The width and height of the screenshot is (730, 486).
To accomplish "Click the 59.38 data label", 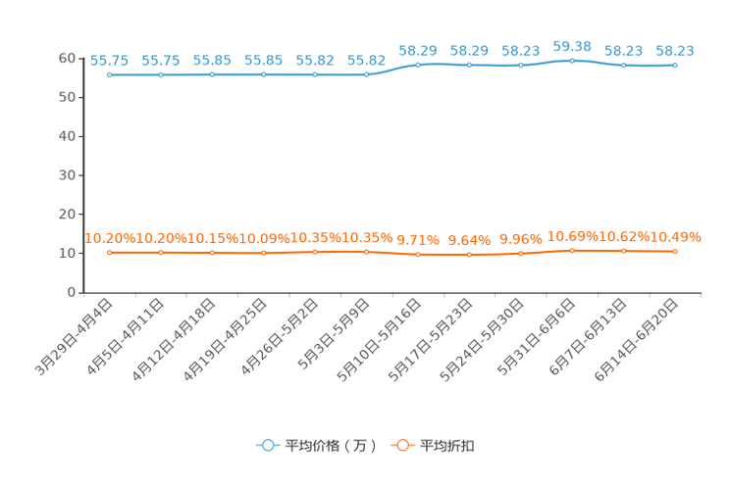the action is [x=572, y=46].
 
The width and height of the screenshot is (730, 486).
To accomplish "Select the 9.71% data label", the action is [x=418, y=240].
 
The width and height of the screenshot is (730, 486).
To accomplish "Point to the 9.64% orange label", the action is [x=469, y=240].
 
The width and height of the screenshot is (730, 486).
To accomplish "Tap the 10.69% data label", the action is [x=572, y=237].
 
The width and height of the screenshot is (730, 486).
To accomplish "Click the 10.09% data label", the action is [x=264, y=238].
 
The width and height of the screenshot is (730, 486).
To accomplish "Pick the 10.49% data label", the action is [x=675, y=237].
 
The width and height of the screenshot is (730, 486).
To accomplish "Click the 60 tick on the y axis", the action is [x=67, y=58].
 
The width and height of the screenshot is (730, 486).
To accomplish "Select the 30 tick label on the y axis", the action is [x=67, y=175].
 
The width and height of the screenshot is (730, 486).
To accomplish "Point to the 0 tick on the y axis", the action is [x=72, y=292].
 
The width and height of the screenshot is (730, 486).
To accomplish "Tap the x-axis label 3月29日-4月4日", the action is [x=75, y=337].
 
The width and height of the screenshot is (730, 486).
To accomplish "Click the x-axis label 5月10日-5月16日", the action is [x=380, y=340].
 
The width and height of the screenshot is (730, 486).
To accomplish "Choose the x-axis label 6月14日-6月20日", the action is [x=637, y=340].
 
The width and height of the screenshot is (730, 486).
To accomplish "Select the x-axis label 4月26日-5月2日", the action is [x=280, y=337].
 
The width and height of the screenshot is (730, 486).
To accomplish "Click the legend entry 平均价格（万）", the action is [x=317, y=446].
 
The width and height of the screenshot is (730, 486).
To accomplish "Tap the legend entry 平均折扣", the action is [x=433, y=446].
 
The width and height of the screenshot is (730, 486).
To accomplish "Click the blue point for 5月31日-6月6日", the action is [x=572, y=61].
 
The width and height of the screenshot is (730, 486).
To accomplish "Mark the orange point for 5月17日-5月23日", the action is [x=469, y=255].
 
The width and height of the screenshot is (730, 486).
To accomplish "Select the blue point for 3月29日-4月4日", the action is [x=110, y=74].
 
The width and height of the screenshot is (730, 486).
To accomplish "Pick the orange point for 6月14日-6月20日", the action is [x=675, y=252].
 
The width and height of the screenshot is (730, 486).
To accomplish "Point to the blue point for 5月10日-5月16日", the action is [x=418, y=65].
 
